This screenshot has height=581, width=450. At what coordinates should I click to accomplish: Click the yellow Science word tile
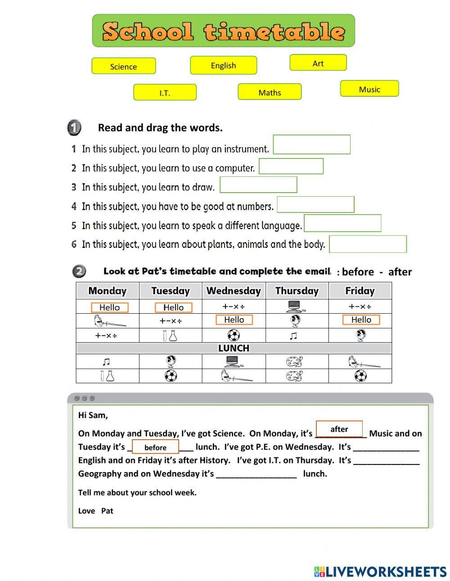tap(123, 66)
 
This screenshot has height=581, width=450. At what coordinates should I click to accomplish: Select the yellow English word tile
tap(223, 65)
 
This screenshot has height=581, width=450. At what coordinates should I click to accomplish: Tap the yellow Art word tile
tap(318, 63)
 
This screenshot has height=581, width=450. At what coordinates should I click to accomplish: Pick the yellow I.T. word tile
tap(165, 92)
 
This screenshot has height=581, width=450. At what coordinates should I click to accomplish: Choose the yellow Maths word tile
tap(270, 92)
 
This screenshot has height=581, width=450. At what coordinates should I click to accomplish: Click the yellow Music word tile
tap(369, 89)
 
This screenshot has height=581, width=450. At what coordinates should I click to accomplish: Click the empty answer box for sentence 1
tap(311, 144)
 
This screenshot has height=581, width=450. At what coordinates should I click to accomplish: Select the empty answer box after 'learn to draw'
tap(258, 185)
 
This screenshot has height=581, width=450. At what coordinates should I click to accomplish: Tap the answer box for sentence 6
tap(368, 244)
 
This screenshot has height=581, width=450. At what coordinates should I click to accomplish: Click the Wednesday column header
tap(234, 291)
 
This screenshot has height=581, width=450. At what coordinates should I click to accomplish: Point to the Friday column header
tap(360, 291)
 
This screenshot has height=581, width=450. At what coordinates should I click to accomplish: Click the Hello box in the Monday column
tap(109, 307)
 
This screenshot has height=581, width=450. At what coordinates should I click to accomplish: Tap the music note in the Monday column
tap(106, 362)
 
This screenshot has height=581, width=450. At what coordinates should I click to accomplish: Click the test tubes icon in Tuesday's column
tap(170, 335)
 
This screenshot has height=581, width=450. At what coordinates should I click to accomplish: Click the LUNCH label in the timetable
tap(234, 348)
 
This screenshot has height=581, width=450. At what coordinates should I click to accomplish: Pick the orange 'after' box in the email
tap(339, 429)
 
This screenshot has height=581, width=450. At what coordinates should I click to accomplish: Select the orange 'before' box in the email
tap(155, 447)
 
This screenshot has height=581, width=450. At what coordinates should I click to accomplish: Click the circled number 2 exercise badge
tap(79, 271)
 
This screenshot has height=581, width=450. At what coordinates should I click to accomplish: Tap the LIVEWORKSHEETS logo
tap(380, 571)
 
